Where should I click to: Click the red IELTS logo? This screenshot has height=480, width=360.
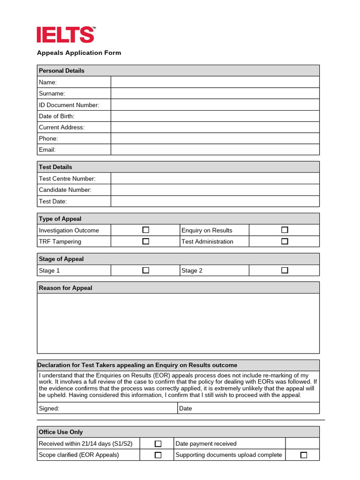pyautogui.click(x=66, y=35)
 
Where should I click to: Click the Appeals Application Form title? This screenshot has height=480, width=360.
pyautogui.click(x=79, y=53)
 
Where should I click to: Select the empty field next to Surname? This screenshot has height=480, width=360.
pyautogui.click(x=215, y=93)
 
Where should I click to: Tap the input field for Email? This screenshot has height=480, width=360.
pyautogui.click(x=215, y=150)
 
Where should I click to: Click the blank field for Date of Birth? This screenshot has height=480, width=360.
pyautogui.click(x=215, y=116)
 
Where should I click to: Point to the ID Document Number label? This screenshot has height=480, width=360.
pyautogui.click(x=69, y=105)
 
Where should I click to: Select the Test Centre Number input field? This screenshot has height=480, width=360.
pyautogui.click(x=215, y=179)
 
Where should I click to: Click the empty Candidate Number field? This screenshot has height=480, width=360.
pyautogui.click(x=215, y=190)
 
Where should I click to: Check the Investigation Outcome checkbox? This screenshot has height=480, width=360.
pyautogui.click(x=146, y=230)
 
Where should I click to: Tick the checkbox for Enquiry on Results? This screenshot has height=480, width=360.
pyautogui.click(x=285, y=230)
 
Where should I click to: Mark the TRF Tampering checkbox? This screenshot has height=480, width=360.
pyautogui.click(x=146, y=241)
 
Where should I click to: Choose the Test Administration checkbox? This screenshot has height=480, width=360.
pyautogui.click(x=285, y=241)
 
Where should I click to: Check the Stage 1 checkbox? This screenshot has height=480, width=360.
pyautogui.click(x=146, y=270)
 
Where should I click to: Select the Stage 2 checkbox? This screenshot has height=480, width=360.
pyautogui.click(x=285, y=270)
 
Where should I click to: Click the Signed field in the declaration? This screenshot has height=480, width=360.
pyautogui.click(x=117, y=408)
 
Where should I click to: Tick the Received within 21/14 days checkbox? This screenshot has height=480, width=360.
pyautogui.click(x=158, y=443)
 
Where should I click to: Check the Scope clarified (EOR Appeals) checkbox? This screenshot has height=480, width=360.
pyautogui.click(x=158, y=455)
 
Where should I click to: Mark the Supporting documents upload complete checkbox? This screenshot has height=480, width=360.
pyautogui.click(x=303, y=455)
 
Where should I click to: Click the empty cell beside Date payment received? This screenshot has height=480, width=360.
pyautogui.click(x=302, y=443)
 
